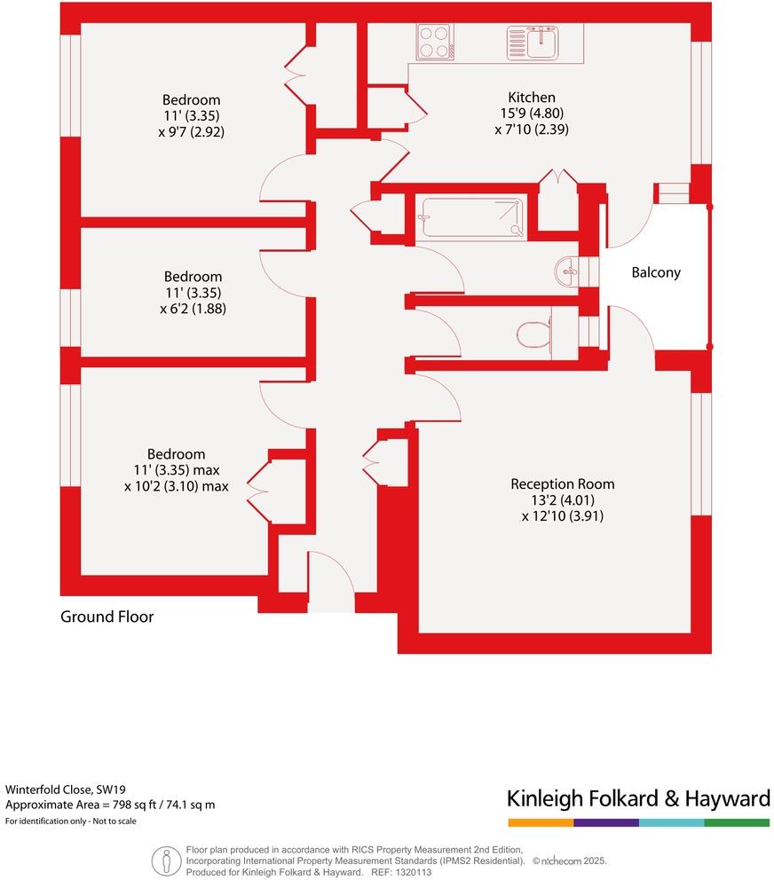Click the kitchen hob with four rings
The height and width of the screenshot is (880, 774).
coord(433,41)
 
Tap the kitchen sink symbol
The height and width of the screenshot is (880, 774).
coord(533,41)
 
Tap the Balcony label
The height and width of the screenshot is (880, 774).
coord(656,272)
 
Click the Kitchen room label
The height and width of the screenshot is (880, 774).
coord(532,97)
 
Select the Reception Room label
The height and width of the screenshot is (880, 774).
coord(563,483)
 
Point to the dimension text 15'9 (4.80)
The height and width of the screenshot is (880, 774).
coord(532,113)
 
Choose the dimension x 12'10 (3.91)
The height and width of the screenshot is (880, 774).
coord(563,515)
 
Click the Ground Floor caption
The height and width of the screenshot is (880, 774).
coord(107,617)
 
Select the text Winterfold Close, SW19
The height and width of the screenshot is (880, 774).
coord(66,788)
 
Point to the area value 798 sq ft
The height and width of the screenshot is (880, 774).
coord(137,805)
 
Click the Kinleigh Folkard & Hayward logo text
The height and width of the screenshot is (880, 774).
coord(638,798)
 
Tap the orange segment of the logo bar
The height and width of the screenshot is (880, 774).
coord(540,823)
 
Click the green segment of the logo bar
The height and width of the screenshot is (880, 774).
coord(737,823)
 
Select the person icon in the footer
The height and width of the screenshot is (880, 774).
coord(165,860)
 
